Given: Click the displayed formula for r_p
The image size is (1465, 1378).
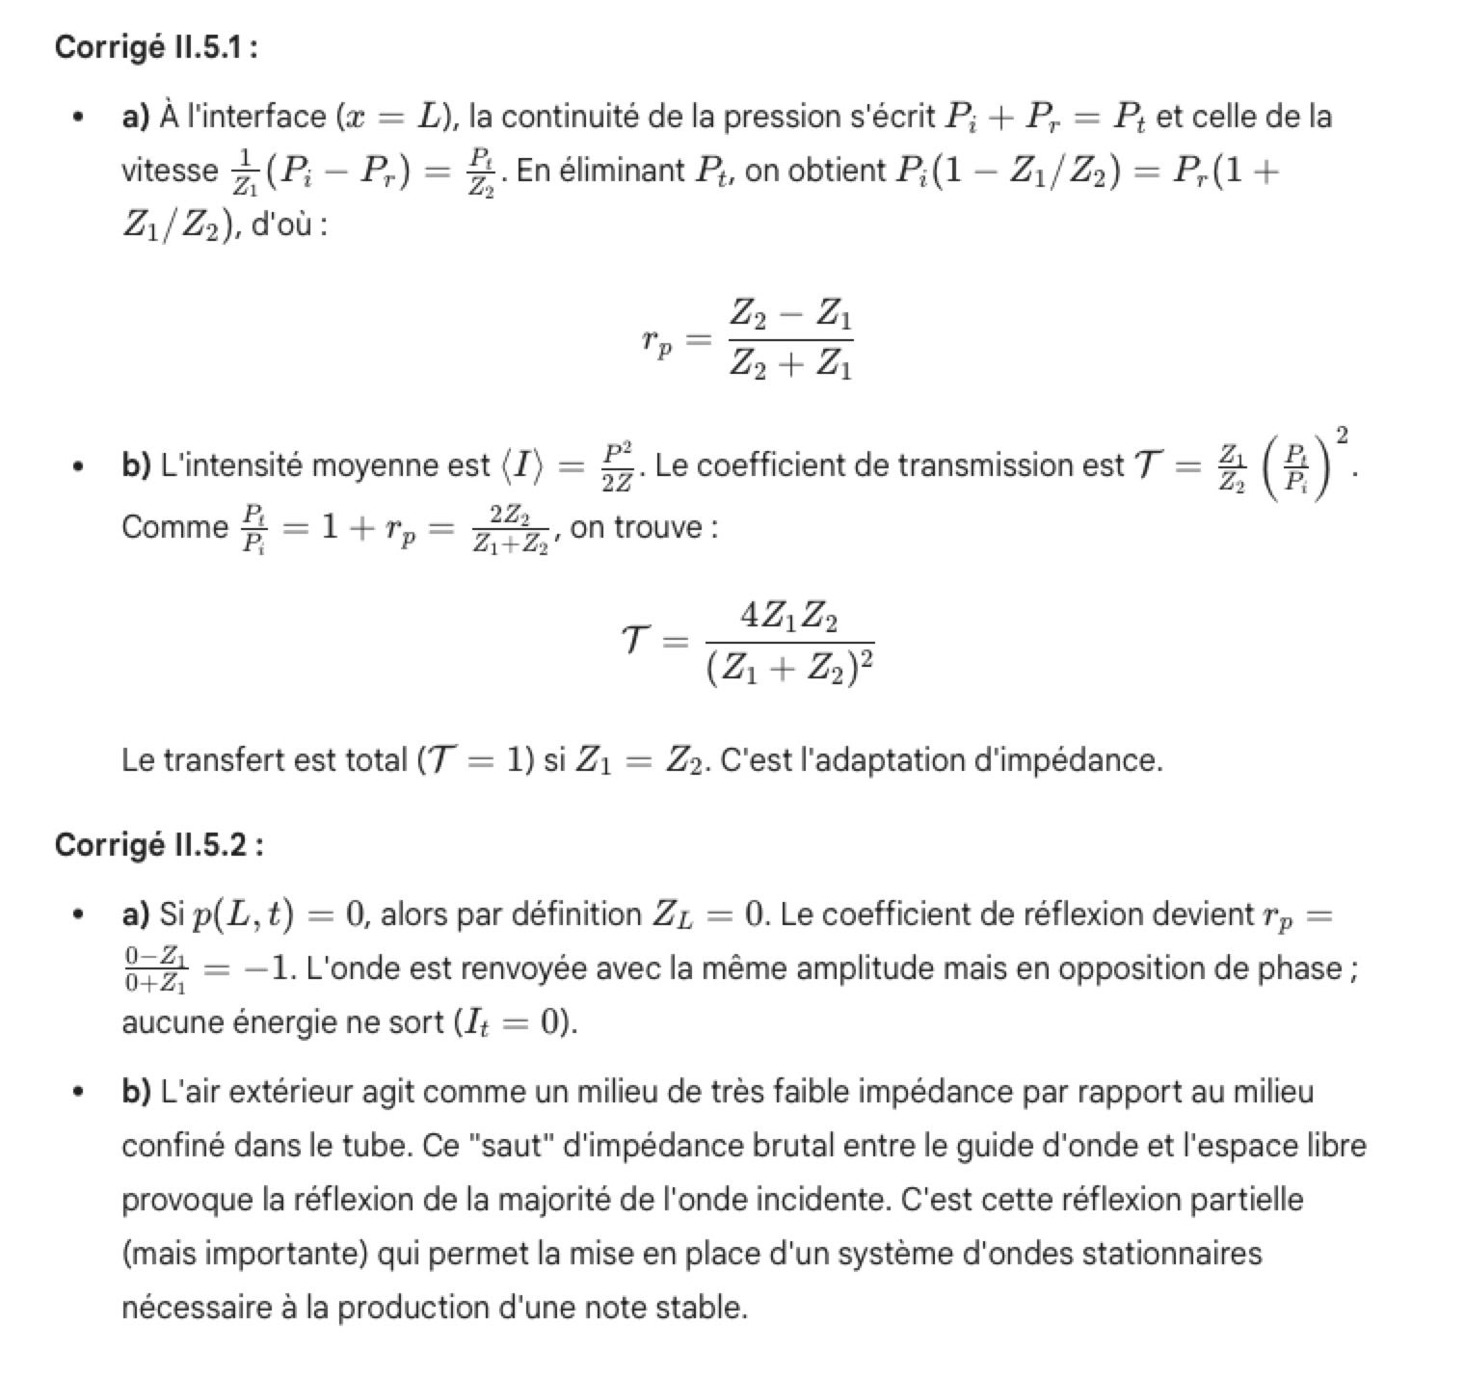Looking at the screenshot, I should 747,340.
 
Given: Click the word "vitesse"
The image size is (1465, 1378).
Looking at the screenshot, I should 170,171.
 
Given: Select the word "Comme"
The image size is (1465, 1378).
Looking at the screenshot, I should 173,528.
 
